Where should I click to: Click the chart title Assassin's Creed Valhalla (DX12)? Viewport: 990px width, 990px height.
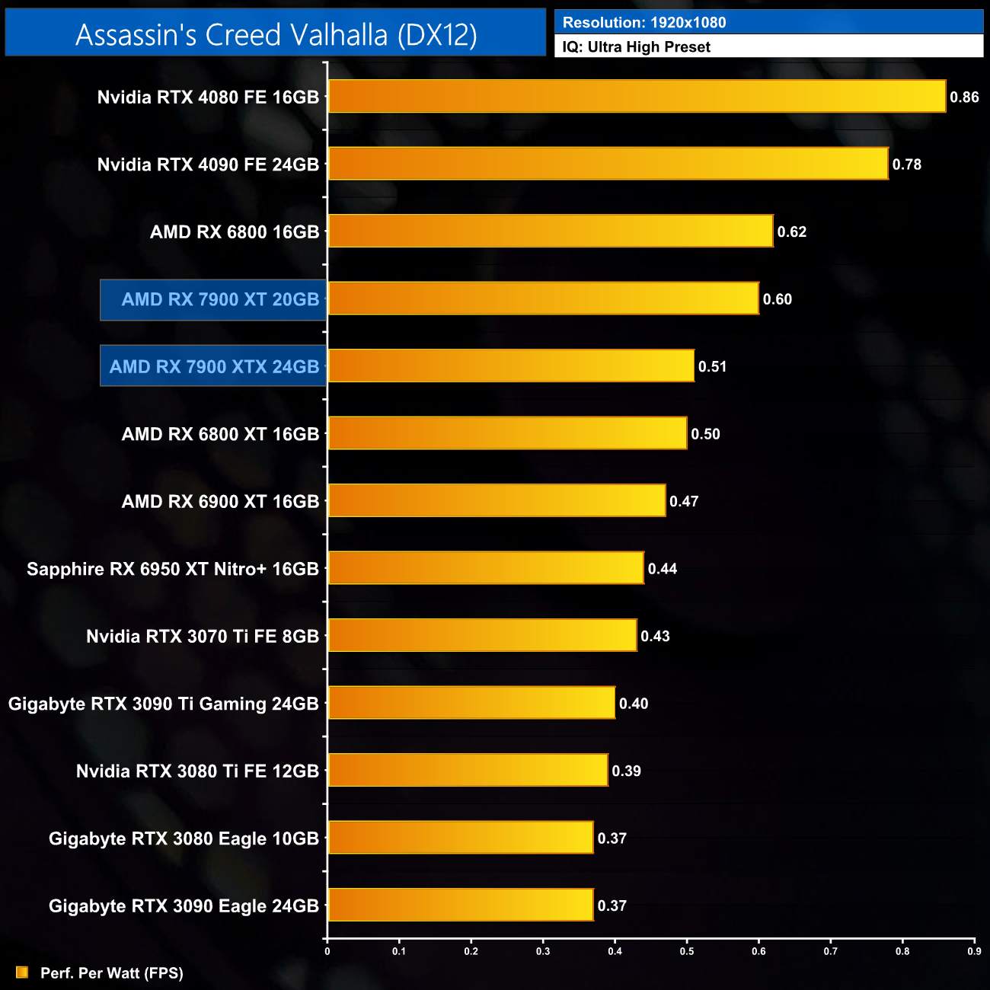276,35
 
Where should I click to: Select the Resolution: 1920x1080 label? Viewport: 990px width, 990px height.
643,22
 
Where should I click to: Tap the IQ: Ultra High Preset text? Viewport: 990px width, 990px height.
636,47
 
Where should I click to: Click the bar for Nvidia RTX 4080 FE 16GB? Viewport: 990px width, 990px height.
637,97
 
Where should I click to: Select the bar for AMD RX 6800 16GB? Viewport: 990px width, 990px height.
551,232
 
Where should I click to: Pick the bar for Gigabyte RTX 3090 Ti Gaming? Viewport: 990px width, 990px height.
471,703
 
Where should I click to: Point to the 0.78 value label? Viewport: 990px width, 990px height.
907,164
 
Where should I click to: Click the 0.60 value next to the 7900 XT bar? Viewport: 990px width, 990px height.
778,299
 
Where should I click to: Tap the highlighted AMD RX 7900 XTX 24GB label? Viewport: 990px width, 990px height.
214,367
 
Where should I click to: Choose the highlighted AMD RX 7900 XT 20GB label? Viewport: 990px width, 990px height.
220,299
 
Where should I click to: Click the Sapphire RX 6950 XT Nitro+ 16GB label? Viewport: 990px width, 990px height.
173,569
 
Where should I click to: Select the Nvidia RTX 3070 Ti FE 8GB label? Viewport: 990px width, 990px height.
203,637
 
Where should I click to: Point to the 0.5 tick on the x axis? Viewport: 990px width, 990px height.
687,951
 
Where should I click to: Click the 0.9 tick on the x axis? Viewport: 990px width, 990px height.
974,951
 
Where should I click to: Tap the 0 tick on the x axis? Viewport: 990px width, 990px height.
327,951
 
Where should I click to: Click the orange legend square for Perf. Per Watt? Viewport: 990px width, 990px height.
22,972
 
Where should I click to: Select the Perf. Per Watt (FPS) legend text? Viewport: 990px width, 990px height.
112,973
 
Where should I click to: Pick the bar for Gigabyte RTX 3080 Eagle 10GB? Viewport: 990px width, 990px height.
461,838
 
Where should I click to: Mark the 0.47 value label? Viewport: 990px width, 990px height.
684,502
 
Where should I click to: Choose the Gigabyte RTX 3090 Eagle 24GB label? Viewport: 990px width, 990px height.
184,906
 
